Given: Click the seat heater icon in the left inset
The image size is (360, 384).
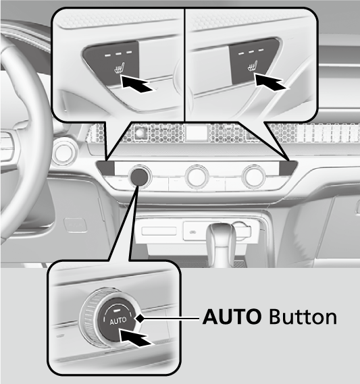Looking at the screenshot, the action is tap(120, 69).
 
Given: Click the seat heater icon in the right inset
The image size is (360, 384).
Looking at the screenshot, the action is tap(253, 66).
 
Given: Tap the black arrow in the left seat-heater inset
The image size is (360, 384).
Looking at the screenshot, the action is tap(138, 84).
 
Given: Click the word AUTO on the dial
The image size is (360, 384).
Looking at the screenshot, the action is tap(118, 321).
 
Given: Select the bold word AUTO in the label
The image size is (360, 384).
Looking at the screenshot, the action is tap(232, 317).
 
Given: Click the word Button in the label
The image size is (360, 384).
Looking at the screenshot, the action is tap(303, 317).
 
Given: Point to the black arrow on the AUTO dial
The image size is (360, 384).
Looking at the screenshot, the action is tap(136, 337).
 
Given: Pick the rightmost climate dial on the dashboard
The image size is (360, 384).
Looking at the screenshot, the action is tap(253, 175).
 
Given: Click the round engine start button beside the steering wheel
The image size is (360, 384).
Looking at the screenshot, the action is tap(63, 153).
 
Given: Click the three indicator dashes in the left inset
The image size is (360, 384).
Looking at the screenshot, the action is tap(119, 53).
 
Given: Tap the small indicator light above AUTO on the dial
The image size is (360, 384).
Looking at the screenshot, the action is tap(116, 310).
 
